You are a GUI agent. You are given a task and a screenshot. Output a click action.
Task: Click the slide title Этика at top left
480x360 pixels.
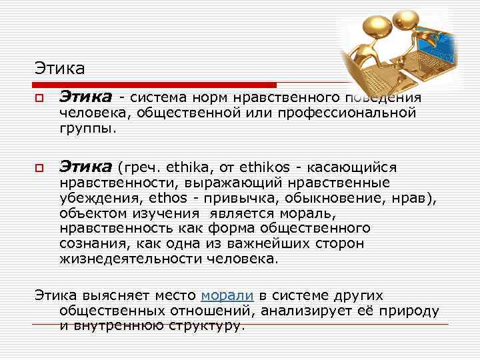pos(60,68)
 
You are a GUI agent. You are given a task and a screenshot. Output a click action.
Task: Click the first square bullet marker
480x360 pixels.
pos(40,99)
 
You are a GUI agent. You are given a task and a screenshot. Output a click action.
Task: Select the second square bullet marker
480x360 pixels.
pos(40,167)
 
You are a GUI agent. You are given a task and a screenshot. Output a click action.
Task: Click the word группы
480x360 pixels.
pos(87,128)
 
